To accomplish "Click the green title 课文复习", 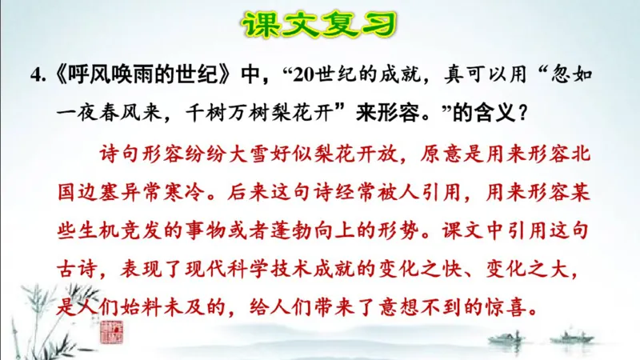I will click(x=320, y=24).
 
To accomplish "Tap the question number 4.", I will click(x=35, y=76).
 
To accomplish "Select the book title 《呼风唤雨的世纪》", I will click(x=145, y=76).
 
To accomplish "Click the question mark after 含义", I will click(x=522, y=113).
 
